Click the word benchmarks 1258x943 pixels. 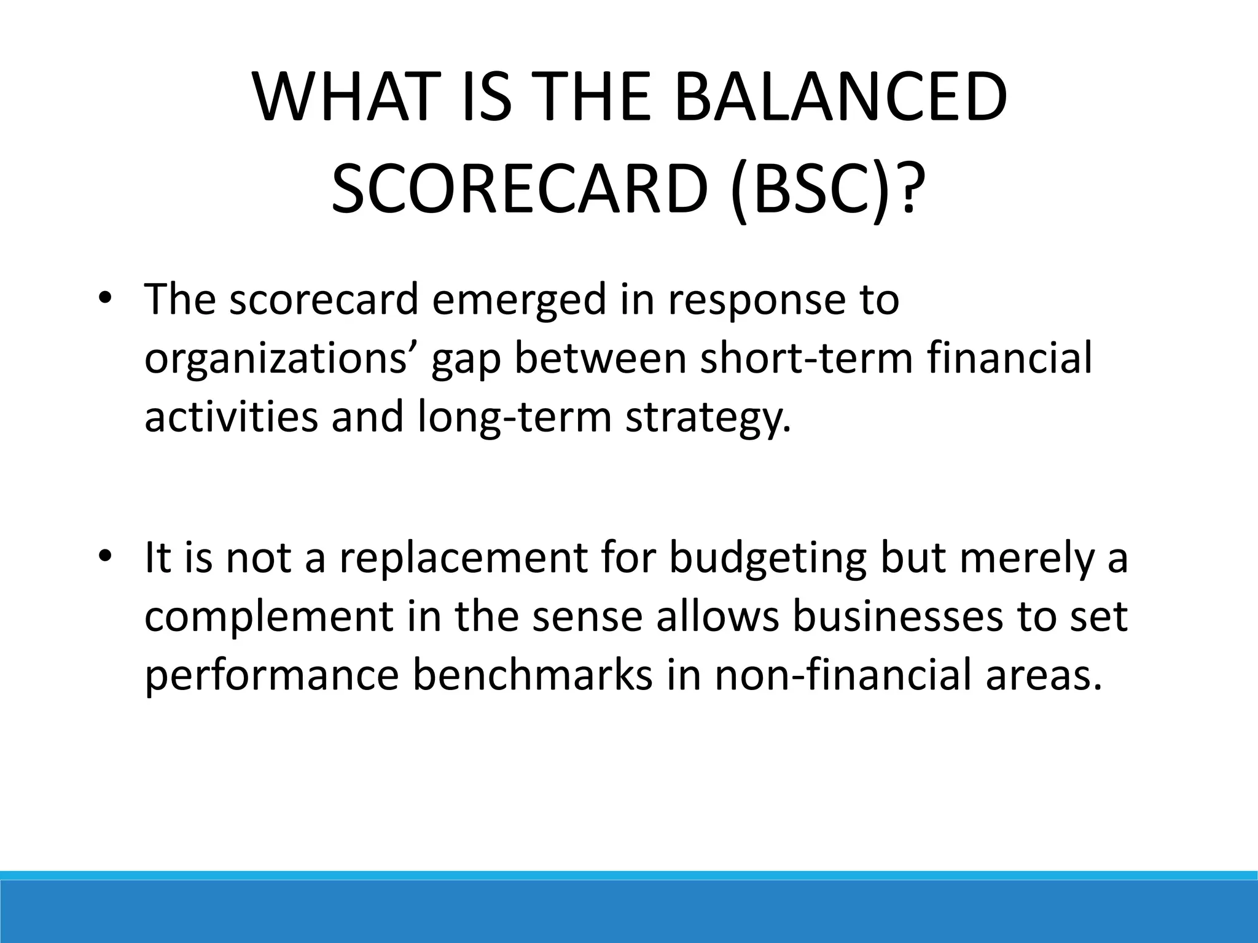(532, 674)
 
